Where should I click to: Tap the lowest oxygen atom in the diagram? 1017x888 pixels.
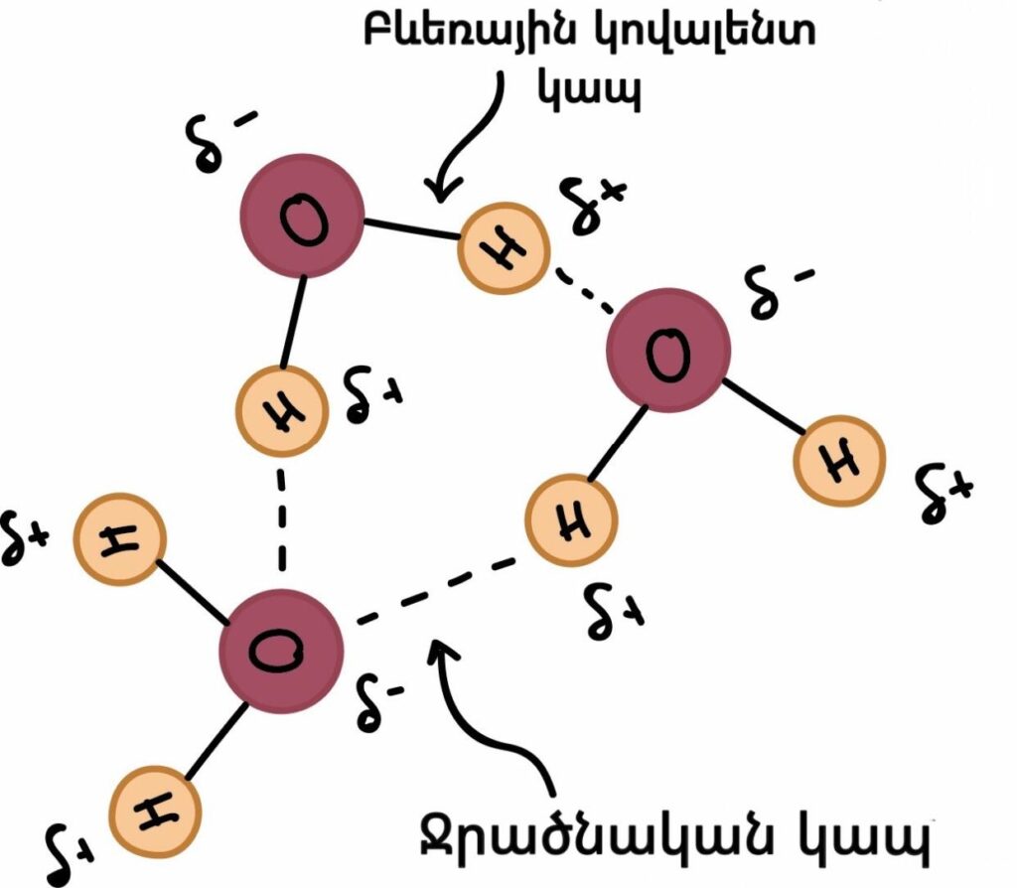281,651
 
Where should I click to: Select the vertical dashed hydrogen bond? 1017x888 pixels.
281,521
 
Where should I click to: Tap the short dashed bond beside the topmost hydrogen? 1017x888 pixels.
580,291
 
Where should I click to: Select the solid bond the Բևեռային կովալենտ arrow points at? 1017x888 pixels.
410,229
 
